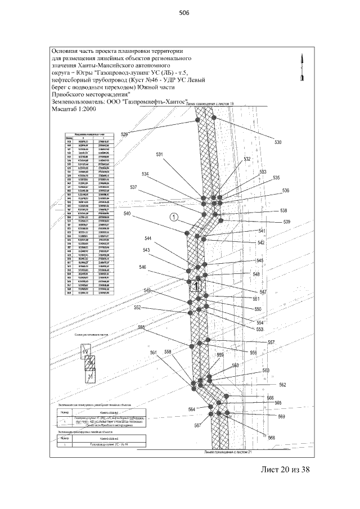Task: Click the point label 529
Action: [124, 134]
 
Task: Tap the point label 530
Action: [277, 143]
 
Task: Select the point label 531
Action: [160, 155]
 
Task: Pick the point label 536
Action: [285, 191]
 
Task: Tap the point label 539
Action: [287, 222]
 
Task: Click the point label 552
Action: [137, 308]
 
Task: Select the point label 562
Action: [282, 385]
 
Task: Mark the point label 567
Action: [197, 426]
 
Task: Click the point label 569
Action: [281, 417]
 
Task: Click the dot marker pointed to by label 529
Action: [197, 120]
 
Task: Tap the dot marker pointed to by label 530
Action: [214, 118]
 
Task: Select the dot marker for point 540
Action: [186, 232]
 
